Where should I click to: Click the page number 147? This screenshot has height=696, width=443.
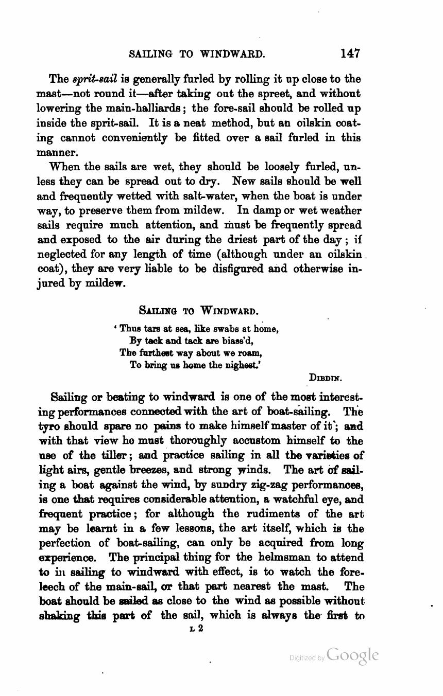(350, 53)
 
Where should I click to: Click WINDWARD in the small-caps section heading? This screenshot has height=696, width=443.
(229, 311)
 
